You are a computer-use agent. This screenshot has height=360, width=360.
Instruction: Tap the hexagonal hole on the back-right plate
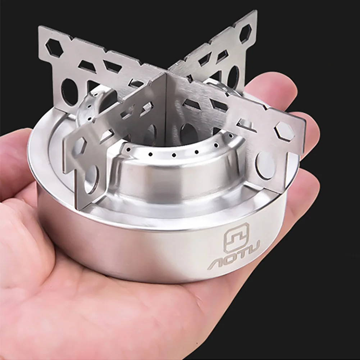tap(245, 33)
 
